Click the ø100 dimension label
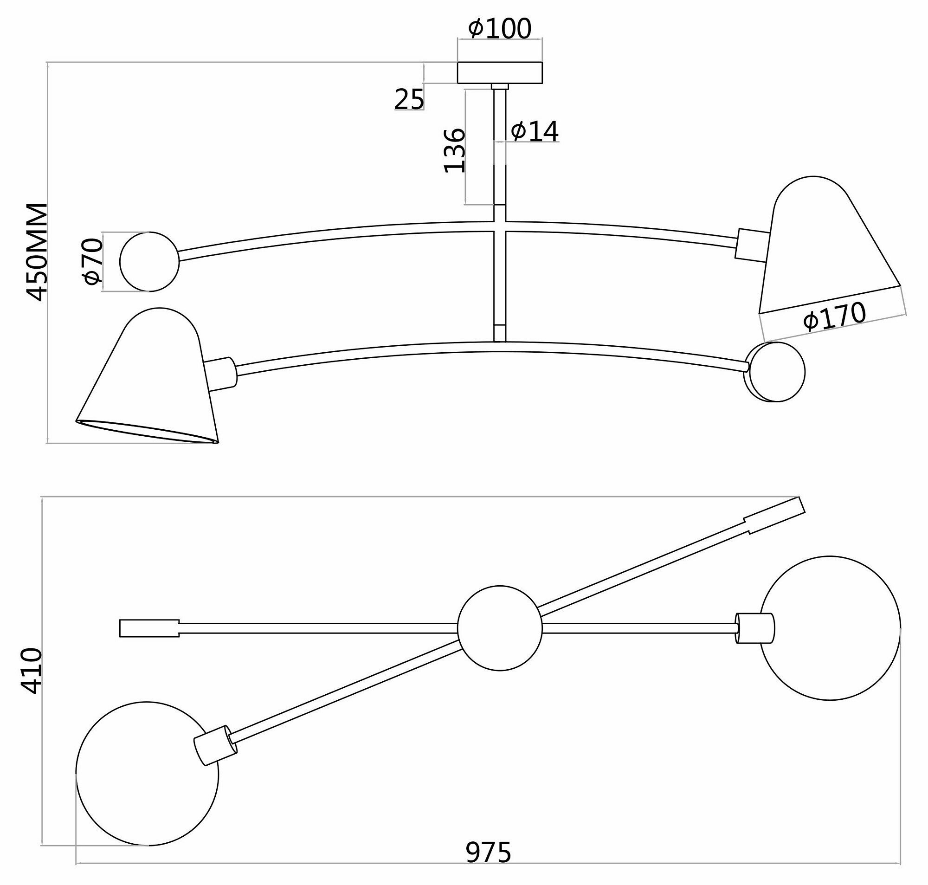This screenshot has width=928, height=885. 500,29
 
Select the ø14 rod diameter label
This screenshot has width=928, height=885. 534,132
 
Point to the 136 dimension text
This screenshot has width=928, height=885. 455,150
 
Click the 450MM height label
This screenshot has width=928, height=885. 37,252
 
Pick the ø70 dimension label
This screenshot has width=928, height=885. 92,262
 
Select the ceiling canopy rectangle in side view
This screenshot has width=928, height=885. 500,73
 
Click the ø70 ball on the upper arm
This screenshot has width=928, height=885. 149,262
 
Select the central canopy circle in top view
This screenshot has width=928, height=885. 500,628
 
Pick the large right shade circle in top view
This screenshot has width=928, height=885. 830,630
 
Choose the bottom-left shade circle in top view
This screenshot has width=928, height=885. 147,774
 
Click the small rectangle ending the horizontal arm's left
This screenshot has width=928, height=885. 149,628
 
